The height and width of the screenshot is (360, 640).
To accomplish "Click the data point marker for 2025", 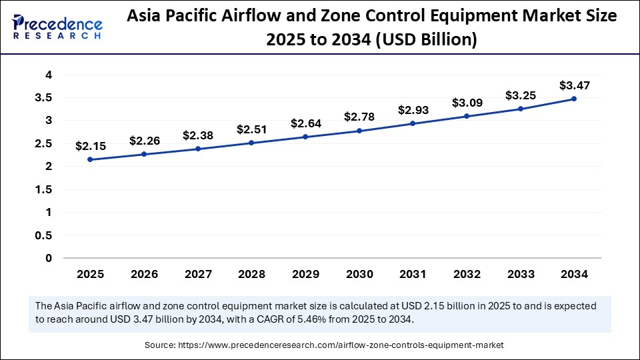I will (x=89, y=159).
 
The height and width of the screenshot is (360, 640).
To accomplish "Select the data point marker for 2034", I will (x=574, y=99).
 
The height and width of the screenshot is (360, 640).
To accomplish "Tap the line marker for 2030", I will (x=359, y=131).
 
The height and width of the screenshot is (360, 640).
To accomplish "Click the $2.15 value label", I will (x=89, y=145).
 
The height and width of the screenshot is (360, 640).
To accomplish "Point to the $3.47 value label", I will (x=574, y=85).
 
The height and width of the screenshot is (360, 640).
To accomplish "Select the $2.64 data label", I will (x=305, y=123).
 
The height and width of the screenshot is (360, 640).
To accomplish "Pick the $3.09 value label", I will (x=466, y=103).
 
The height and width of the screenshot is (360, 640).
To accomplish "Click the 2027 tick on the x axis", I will (x=197, y=274).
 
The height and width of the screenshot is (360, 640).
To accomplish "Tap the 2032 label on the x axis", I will (x=466, y=274).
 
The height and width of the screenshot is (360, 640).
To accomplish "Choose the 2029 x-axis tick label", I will (x=305, y=274).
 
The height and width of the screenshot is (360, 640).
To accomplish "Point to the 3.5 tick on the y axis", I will (x=44, y=98).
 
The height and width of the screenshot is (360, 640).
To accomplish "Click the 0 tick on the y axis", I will (x=49, y=258).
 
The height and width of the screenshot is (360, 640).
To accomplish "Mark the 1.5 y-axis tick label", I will (x=44, y=189).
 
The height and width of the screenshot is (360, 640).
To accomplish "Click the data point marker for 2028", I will (x=251, y=143).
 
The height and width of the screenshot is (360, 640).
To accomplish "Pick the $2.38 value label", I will (x=197, y=135).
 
